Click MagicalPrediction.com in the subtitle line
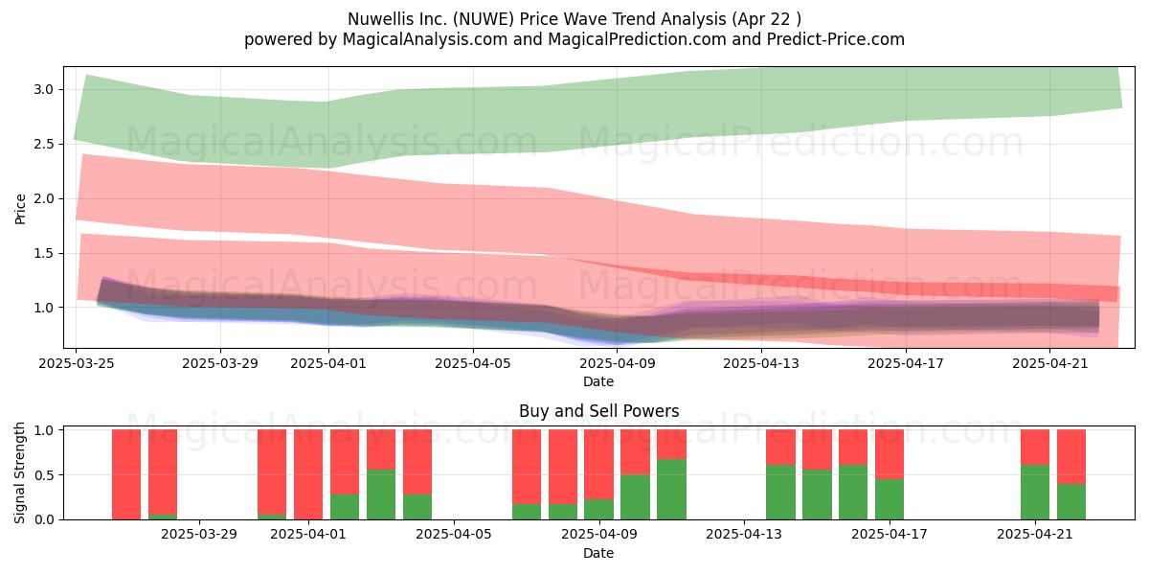coord(637,39)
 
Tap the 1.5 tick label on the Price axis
coord(44,253)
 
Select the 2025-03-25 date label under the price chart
coord(77,363)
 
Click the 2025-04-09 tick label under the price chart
coord(618,363)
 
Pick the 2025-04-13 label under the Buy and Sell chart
coord(744,535)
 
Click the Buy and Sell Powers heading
coord(598,411)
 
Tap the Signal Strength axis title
coord(19,472)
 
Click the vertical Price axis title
coord(20,209)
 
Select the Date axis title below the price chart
coord(598,381)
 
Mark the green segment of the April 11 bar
coord(671,490)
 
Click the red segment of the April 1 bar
coord(308,474)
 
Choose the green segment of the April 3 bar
coord(381,494)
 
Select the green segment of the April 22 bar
coord(1071,501)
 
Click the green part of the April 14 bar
coord(780,493)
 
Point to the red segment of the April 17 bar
coord(890,454)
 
